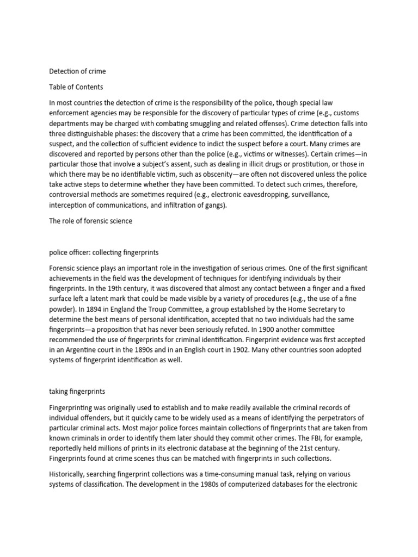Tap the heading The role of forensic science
(x=90, y=221)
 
